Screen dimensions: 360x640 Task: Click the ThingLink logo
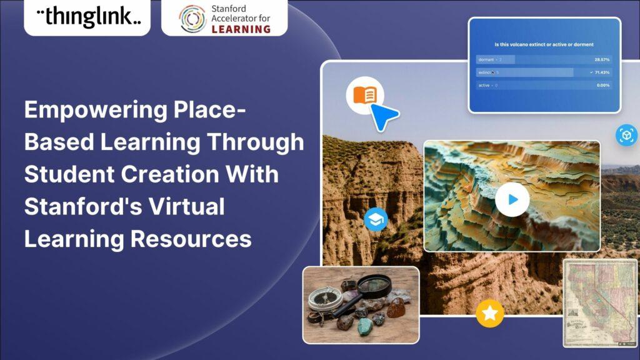(x=87, y=17)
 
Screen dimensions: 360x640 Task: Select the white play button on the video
(x=512, y=200)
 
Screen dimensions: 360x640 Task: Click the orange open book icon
(x=365, y=96)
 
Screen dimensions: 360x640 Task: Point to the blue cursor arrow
(x=383, y=116)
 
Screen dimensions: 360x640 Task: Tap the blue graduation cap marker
(x=376, y=219)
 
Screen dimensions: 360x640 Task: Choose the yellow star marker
(x=490, y=313)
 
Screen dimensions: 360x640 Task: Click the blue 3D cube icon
(x=626, y=135)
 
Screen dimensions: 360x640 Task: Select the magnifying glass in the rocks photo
(x=365, y=292)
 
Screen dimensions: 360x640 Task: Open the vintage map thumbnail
(x=599, y=303)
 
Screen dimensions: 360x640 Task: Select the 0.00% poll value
(x=602, y=85)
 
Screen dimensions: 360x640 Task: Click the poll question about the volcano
(x=543, y=44)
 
